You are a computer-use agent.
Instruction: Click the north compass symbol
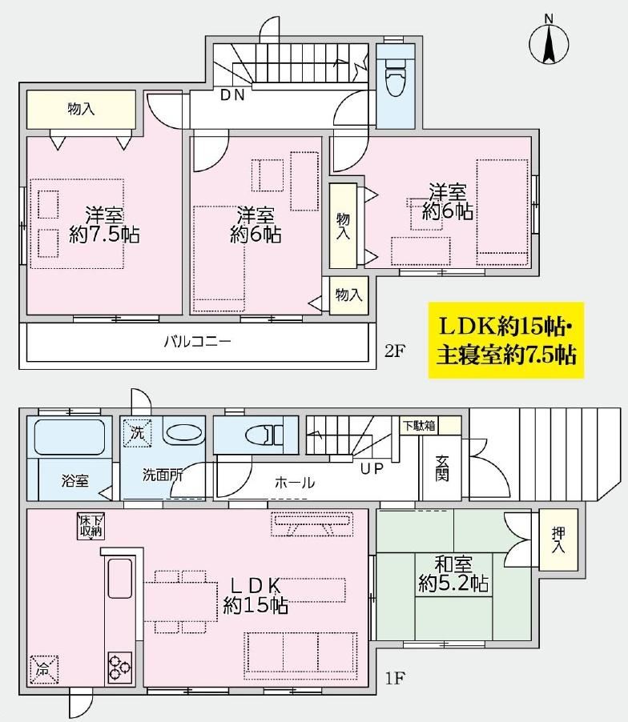[549, 42]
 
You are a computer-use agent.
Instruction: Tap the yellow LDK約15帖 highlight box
[506, 340]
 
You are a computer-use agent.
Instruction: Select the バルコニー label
[198, 342]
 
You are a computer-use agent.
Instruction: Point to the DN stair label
[232, 95]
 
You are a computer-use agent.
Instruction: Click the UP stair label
[372, 469]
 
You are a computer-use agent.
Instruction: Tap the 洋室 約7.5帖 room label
[104, 225]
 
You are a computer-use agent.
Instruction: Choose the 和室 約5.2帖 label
[453, 574]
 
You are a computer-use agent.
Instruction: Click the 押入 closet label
[558, 540]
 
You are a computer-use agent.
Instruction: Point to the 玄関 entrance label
[442, 469]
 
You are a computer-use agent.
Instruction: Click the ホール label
[295, 483]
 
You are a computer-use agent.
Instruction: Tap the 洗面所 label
[163, 475]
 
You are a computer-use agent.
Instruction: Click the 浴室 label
[74, 481]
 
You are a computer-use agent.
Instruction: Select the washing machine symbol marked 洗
[137, 433]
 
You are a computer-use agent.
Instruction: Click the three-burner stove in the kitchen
[120, 668]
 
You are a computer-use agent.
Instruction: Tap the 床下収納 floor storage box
[91, 526]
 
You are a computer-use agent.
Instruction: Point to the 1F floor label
[395, 678]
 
